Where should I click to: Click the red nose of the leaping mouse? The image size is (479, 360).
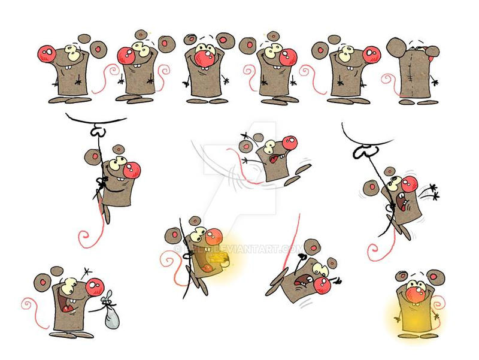289,144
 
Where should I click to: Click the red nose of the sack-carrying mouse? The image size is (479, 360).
94,286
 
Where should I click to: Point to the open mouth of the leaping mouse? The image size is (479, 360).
275,160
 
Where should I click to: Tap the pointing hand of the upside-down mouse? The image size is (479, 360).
337,279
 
